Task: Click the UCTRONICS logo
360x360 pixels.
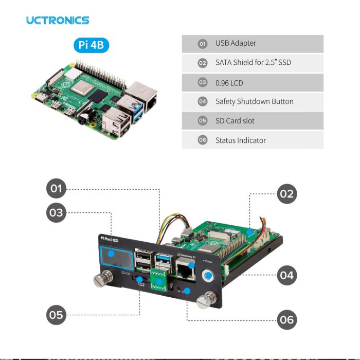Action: point(58,21)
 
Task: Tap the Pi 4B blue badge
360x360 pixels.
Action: point(91,45)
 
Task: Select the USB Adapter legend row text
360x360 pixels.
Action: point(236,44)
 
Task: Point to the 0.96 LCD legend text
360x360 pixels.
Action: point(229,82)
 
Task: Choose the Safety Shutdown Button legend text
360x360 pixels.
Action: point(254,101)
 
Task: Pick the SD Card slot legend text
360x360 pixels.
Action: point(235,121)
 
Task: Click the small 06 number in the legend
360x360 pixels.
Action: point(202,140)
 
